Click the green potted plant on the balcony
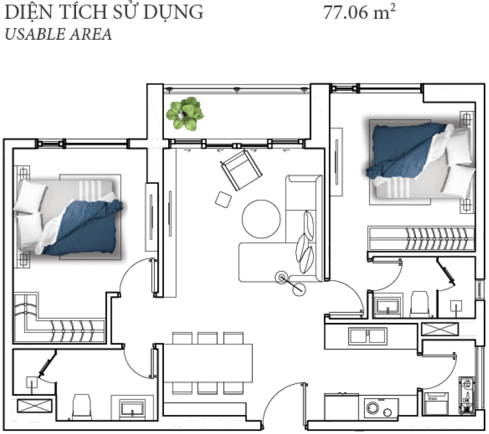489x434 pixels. click(x=185, y=114)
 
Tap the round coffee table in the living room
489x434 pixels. click(x=261, y=219)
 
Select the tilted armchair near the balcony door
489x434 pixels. click(x=241, y=169)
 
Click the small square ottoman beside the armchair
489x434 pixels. click(x=223, y=199)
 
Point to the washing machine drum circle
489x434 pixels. click(x=373, y=408)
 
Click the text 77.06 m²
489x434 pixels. click(x=359, y=12)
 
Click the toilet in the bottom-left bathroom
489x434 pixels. click(x=82, y=407)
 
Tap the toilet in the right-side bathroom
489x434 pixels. click(x=419, y=304)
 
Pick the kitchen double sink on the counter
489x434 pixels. click(x=368, y=336)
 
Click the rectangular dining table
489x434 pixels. click(x=208, y=363)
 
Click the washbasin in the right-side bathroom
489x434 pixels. click(x=388, y=306)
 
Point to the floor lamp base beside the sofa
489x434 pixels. click(x=282, y=278)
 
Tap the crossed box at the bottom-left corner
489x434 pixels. click(x=34, y=406)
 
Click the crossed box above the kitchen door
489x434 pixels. click(x=440, y=329)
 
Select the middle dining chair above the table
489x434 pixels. click(x=207, y=338)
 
